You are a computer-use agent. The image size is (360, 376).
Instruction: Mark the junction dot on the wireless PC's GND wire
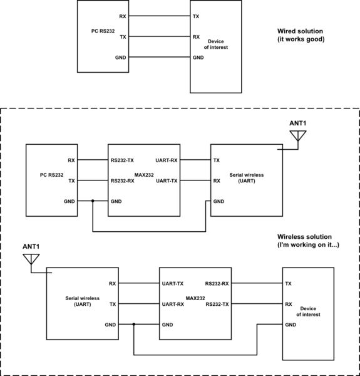[93, 202]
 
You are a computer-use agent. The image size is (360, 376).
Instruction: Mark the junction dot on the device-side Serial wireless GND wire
[134, 325]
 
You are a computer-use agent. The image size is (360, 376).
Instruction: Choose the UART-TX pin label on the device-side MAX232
[173, 283]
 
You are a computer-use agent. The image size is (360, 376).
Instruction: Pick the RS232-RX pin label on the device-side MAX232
[217, 283]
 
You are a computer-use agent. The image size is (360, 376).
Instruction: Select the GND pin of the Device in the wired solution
[198, 58]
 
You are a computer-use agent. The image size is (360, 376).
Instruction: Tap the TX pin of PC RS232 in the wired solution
[122, 37]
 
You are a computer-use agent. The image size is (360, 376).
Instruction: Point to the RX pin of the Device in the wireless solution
[289, 304]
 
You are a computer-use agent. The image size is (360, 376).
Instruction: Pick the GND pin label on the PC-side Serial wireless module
[219, 202]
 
